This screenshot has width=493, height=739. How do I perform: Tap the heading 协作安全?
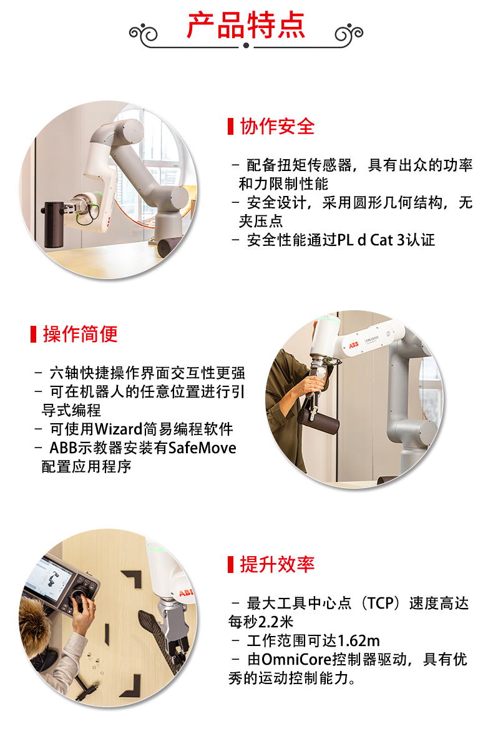pos(277,126)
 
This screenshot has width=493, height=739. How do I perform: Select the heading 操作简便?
pos(80,334)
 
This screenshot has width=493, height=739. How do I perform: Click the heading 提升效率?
pos(277,564)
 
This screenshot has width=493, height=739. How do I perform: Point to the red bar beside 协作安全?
pos(230,126)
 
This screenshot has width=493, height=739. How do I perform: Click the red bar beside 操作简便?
pos(34,334)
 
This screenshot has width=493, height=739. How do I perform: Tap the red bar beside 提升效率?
pos(230,564)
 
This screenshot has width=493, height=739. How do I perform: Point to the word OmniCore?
pos(296,659)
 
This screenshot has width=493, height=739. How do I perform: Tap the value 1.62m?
pos(359,640)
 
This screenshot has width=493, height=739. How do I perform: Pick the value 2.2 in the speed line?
pos(268,622)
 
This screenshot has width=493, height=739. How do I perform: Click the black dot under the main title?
pos(246,45)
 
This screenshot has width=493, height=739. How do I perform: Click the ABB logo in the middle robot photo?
pos(353,345)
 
